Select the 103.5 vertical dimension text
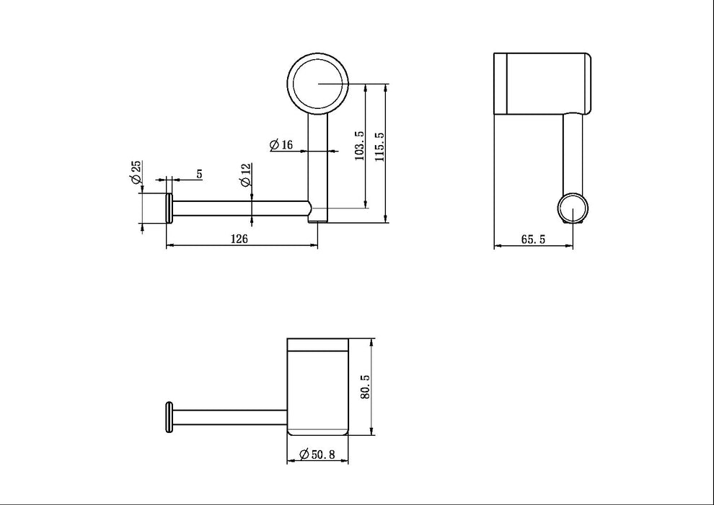coord(360,146)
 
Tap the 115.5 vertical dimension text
coord(380,146)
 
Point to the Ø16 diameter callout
coord(281,145)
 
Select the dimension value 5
coord(198,174)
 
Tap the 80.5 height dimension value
coord(366,387)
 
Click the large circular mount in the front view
coord(317,84)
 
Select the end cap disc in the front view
coord(169,208)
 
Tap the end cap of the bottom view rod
coord(170,418)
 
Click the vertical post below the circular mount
coord(317,162)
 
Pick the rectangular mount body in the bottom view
coord(317,387)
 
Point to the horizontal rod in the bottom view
coord(231,418)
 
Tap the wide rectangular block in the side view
coord(541,83)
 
